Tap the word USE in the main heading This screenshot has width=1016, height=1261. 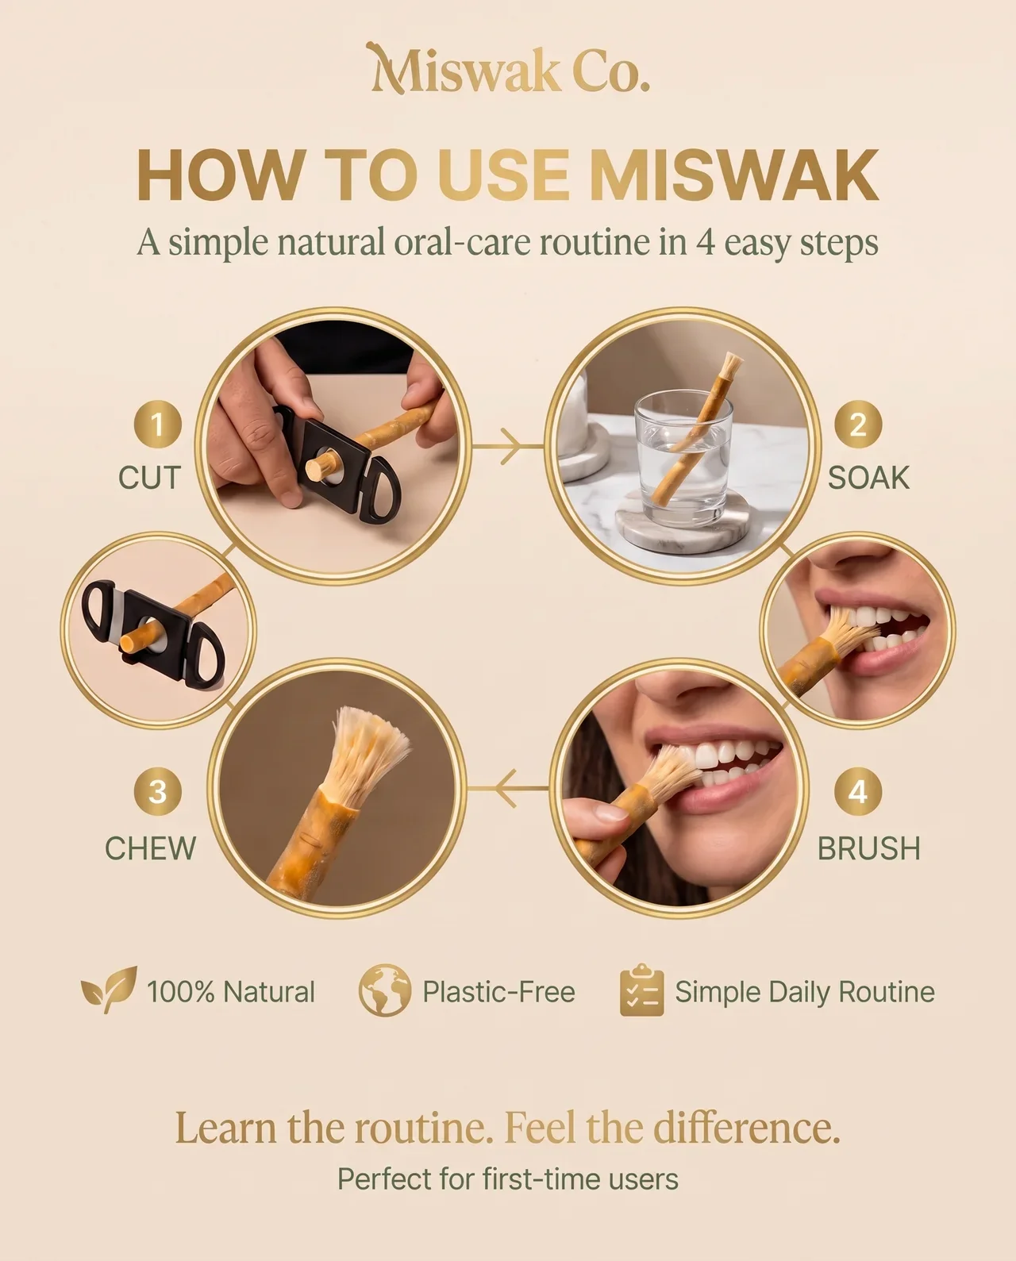pos(503,175)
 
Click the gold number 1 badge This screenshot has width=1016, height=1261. pos(157,424)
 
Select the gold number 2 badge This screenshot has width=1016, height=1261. pos(858,424)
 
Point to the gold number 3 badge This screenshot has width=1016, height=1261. pos(157,791)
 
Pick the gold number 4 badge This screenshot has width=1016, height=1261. pos(858,791)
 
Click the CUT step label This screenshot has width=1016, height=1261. pos(149,478)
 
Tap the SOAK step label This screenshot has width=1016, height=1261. pos(868,478)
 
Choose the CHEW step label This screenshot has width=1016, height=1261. pos(151,848)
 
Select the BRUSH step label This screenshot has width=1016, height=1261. pos(869,848)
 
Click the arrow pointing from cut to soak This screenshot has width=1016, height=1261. pos(508,447)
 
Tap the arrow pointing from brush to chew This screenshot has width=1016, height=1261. pos(509,788)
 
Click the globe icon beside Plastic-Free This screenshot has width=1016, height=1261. pos(385,990)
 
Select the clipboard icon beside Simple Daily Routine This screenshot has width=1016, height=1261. pos(642,990)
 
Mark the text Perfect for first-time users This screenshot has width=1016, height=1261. pos(508,1178)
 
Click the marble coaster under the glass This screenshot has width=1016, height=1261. pos(683,521)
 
